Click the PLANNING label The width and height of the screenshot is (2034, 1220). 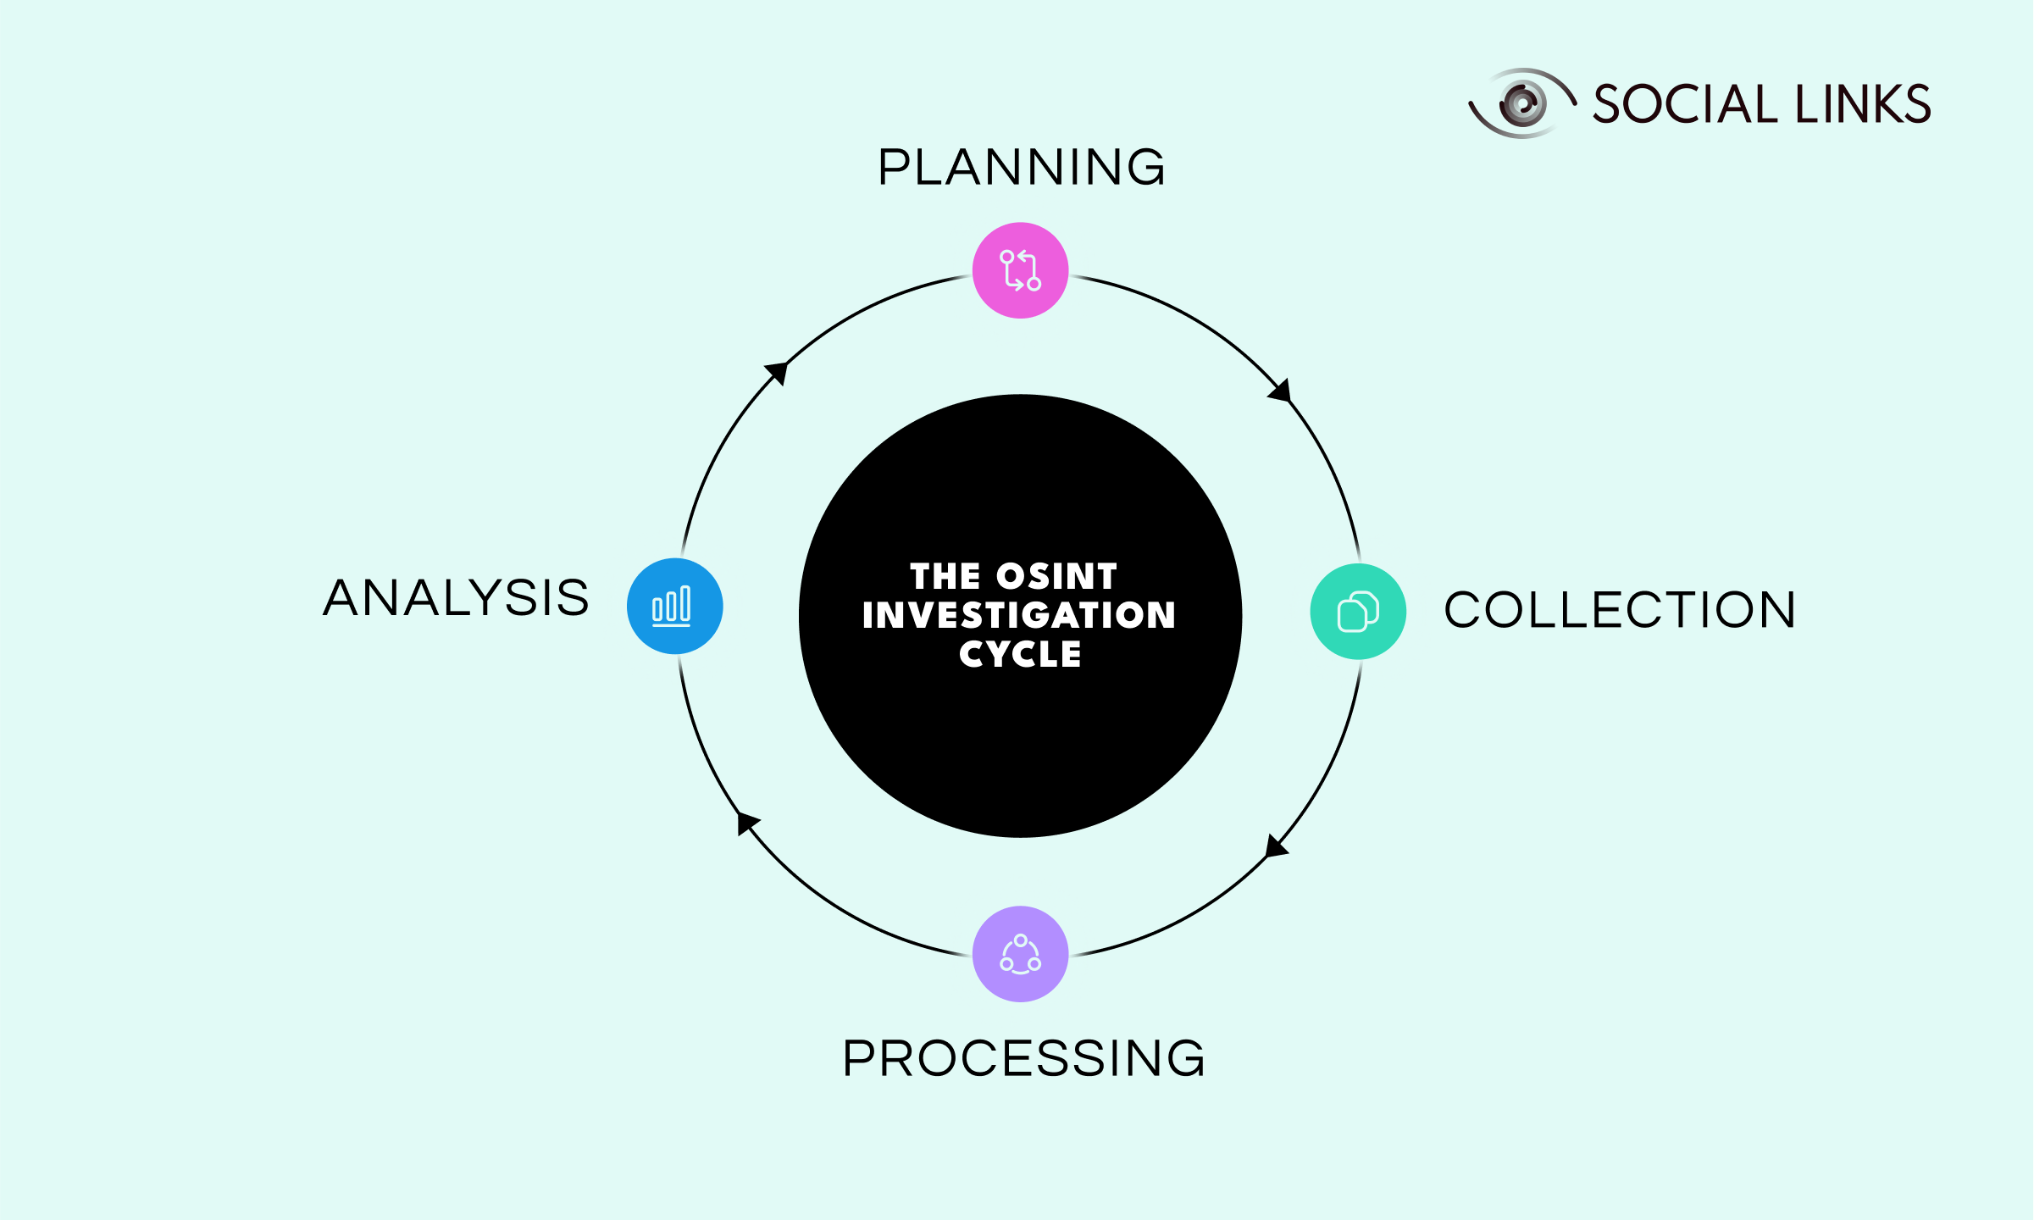click(1022, 167)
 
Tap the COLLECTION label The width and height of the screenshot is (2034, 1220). click(1620, 610)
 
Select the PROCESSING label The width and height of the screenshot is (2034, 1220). click(1023, 1058)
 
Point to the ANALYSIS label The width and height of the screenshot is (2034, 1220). click(456, 598)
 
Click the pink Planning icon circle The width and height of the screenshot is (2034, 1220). click(1020, 270)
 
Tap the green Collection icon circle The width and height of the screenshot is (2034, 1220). click(1358, 611)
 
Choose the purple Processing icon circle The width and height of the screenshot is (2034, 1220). click(1020, 954)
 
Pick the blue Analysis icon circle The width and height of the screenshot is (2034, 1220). click(674, 606)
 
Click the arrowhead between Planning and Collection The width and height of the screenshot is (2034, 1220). click(1281, 391)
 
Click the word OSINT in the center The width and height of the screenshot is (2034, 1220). click(1056, 577)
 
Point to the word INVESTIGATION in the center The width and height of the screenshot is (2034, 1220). click(1019, 615)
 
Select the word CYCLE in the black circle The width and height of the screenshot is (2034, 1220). click(1020, 654)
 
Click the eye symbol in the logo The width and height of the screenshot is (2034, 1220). click(1522, 103)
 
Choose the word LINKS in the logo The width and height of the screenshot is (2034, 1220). click(1863, 104)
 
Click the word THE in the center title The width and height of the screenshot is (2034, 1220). click(945, 577)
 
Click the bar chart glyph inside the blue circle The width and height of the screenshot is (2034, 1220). click(672, 606)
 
